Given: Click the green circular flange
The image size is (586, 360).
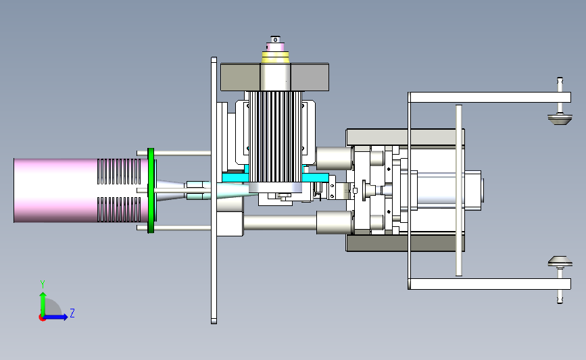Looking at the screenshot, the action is click(151, 190).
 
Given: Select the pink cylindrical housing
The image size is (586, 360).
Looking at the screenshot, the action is click(56, 190).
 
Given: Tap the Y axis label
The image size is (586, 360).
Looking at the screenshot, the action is click(43, 284).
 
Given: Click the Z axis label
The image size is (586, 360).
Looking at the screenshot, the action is click(72, 313).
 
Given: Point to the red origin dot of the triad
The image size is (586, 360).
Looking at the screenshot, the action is click(42, 318).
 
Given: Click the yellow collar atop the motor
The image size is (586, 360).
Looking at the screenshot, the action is click(276, 56).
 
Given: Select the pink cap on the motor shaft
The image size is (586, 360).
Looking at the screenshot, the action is click(276, 47).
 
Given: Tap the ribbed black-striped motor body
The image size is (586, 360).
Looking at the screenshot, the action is click(276, 136).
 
